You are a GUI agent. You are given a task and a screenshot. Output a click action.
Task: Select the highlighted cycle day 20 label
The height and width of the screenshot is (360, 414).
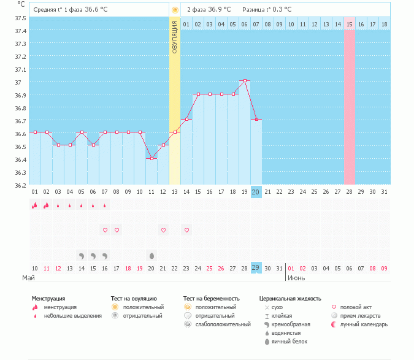[x=256, y=192]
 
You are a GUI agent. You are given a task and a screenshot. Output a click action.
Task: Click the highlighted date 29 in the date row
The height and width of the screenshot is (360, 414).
[x=256, y=268]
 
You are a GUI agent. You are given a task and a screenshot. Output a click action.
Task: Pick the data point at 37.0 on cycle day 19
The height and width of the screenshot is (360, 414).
[x=245, y=80]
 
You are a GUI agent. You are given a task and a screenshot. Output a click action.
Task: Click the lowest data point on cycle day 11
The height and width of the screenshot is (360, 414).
[x=151, y=158]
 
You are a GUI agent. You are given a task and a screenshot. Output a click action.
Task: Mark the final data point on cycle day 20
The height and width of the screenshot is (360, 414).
[x=256, y=119]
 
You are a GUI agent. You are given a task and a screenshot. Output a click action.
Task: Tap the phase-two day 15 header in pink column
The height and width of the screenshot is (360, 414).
[x=350, y=24]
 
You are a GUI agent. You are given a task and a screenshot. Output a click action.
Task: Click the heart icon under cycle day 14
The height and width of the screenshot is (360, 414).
[x=186, y=230]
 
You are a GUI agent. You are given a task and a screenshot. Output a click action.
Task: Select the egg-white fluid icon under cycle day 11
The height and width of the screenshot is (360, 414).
[x=151, y=255]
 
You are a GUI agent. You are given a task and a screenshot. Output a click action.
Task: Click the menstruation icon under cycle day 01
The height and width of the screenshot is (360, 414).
[x=35, y=206]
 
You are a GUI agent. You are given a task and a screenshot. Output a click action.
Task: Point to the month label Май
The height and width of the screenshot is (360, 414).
[x=28, y=278]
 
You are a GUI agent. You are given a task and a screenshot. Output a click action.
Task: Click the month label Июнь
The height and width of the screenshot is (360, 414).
[x=297, y=278]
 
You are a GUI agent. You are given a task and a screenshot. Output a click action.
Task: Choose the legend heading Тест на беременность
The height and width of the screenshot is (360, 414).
[x=211, y=299]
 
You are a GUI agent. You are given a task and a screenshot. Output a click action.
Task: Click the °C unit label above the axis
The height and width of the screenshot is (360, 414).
[x=21, y=4]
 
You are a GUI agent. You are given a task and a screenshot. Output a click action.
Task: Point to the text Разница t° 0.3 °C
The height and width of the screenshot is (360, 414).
[x=267, y=10]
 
